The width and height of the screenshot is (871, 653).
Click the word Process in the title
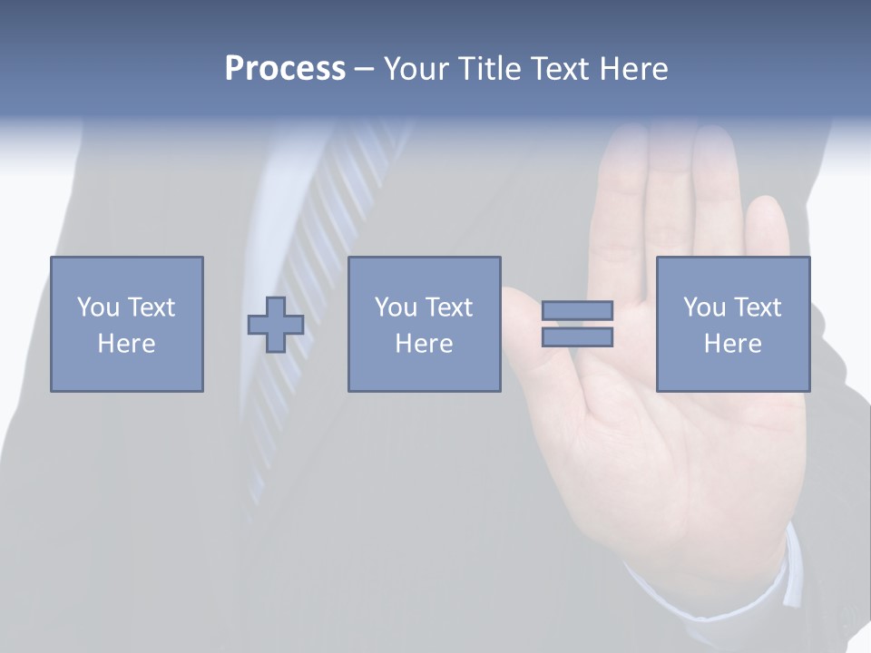tap(285, 69)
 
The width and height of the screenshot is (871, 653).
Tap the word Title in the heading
tap(488, 69)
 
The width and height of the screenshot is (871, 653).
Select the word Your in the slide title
tap(418, 69)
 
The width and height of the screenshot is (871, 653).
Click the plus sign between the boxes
tap(276, 325)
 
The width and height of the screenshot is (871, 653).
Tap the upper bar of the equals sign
tap(577, 311)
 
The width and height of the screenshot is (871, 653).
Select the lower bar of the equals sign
tap(577, 337)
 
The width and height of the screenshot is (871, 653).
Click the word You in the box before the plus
tap(98, 307)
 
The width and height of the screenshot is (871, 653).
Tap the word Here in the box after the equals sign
tap(732, 344)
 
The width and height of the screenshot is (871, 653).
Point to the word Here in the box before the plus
tap(126, 344)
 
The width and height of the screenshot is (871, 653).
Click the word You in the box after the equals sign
tap(704, 307)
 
